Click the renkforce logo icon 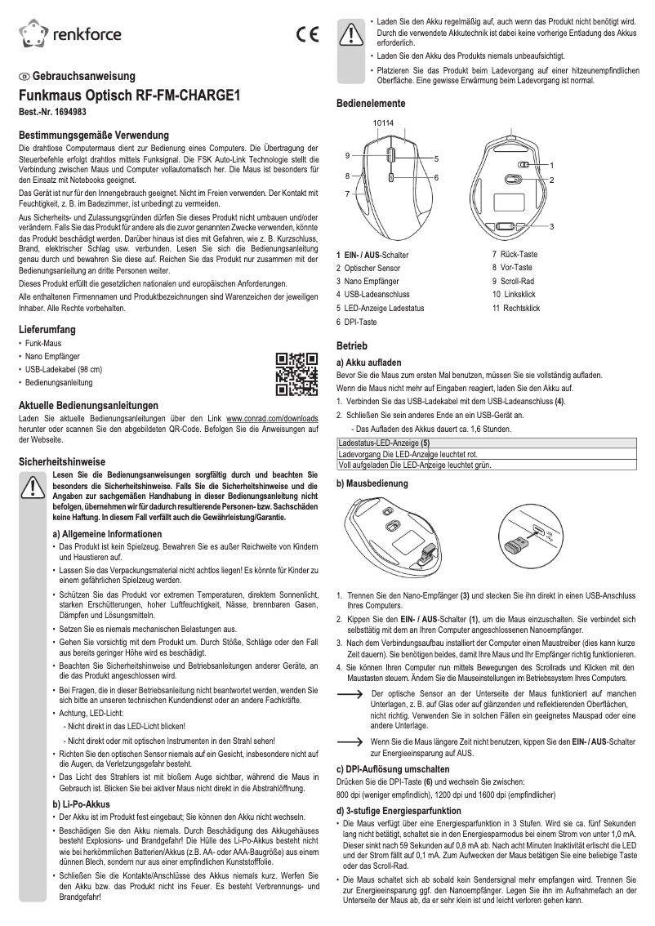pyautogui.click(x=33, y=33)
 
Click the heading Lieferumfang pyautogui.click(x=48, y=329)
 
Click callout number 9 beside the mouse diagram pyautogui.click(x=348, y=155)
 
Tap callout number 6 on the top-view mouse pyautogui.click(x=437, y=177)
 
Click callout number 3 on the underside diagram pyautogui.click(x=552, y=225)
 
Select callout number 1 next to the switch pyautogui.click(x=552, y=165)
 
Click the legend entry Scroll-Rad pyautogui.click(x=512, y=280)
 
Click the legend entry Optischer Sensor pyautogui.click(x=372, y=268)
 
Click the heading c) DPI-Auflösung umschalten pyautogui.click(x=393, y=769)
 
